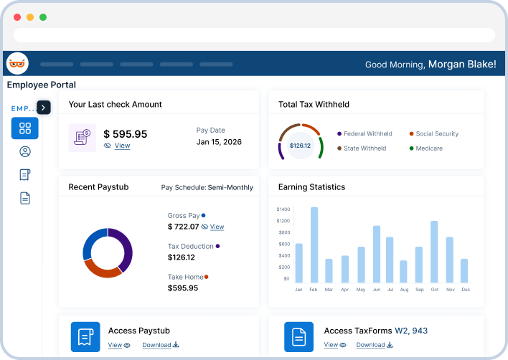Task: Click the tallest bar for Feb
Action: [x=314, y=245]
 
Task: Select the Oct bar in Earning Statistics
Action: [x=434, y=252]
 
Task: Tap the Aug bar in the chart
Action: [x=403, y=271]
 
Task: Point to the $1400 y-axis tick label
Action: [x=283, y=209]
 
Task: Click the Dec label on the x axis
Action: [x=466, y=290]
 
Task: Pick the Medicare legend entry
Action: [x=430, y=148]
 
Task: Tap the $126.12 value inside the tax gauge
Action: [x=300, y=146]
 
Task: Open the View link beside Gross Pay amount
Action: [x=216, y=227]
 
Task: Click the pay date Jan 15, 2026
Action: [x=219, y=142]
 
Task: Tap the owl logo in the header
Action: [x=17, y=64]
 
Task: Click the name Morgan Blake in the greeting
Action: [x=461, y=64]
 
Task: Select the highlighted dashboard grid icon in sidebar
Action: [x=25, y=128]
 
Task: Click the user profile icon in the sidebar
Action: [x=25, y=151]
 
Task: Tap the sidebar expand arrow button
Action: [x=44, y=107]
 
